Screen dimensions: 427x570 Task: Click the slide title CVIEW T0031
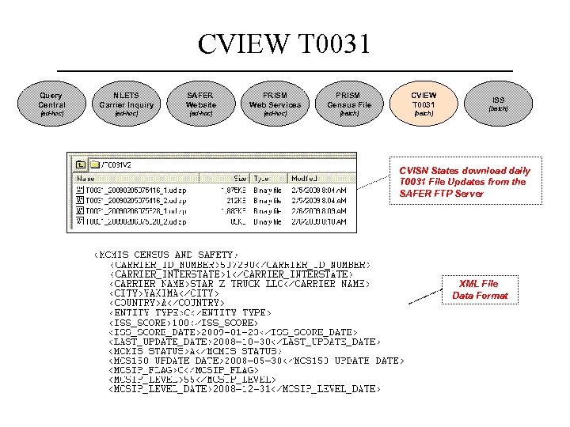[x=284, y=44]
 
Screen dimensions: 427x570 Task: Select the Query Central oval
[x=51, y=100]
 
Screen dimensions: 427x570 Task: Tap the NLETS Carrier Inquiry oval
[x=127, y=100]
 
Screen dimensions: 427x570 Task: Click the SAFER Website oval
[x=201, y=100]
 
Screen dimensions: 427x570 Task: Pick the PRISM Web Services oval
[x=275, y=100]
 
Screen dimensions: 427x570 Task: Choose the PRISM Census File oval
[x=349, y=100]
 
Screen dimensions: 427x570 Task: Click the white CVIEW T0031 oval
[x=424, y=100]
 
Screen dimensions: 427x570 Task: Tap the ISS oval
[x=498, y=100]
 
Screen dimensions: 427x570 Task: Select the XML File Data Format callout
[x=480, y=289]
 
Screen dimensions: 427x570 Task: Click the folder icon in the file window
[x=82, y=164]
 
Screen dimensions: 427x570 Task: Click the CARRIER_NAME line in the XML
[x=240, y=283]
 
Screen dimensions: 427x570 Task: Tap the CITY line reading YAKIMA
[x=164, y=293]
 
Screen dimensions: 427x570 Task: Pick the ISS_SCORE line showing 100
[x=184, y=323]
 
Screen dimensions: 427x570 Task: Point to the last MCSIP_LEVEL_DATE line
[x=245, y=389]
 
